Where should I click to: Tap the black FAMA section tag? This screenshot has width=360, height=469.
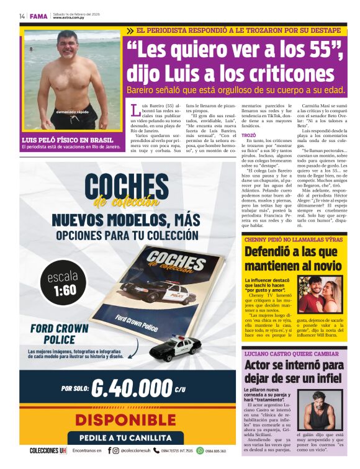38,16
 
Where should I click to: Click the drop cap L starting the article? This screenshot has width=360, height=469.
136,110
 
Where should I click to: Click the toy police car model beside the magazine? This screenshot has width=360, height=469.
176,349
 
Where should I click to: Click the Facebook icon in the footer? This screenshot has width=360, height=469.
109,451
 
